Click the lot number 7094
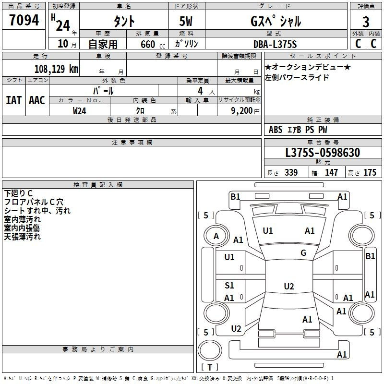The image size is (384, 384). point(24,20)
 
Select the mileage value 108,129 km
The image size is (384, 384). point(56,69)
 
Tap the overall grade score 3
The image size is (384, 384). point(366,22)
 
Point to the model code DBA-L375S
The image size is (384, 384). point(275,44)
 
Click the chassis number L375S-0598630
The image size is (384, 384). point(323,153)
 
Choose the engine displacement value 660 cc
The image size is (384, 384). point(153,44)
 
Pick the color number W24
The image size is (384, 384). point(79,111)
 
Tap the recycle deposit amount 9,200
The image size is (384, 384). point(242,111)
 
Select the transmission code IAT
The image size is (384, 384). point(14,100)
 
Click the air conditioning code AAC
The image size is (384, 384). point(37,100)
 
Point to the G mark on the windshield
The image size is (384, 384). point(303,253)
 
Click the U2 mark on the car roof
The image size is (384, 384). point(289,286)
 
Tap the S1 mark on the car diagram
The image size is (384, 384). point(229,285)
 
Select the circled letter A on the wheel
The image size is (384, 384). point(216,236)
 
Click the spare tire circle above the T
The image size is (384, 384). point(210,350)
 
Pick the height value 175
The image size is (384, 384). point(370,172)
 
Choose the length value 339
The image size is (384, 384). point(291,172)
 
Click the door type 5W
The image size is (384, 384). point(186,21)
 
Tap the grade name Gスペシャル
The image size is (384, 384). point(276,21)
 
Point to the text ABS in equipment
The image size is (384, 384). point(276,130)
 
